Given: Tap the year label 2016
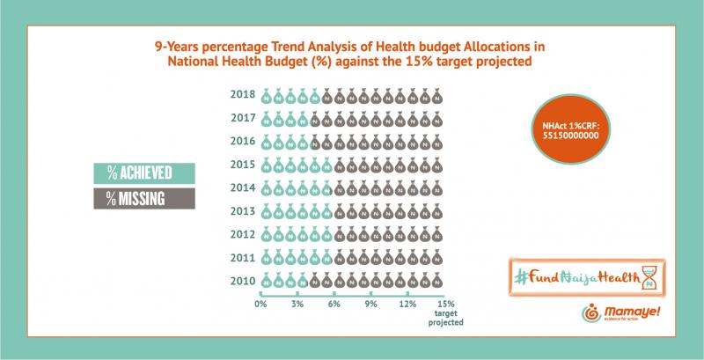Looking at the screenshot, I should pyautogui.click(x=242, y=141).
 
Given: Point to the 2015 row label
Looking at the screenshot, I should pyautogui.click(x=242, y=165).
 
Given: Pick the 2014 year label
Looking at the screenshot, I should pyautogui.click(x=242, y=187).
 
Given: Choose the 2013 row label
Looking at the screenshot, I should pyautogui.click(x=242, y=210).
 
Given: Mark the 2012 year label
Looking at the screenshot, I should pyautogui.click(x=242, y=234).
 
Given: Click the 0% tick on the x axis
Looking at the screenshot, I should pyautogui.click(x=260, y=304).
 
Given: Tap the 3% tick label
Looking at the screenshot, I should pyautogui.click(x=297, y=304).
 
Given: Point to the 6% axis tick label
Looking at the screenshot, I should pyautogui.click(x=334, y=304).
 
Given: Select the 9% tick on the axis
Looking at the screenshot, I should pyautogui.click(x=371, y=304).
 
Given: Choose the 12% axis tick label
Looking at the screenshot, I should pyautogui.click(x=407, y=304).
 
